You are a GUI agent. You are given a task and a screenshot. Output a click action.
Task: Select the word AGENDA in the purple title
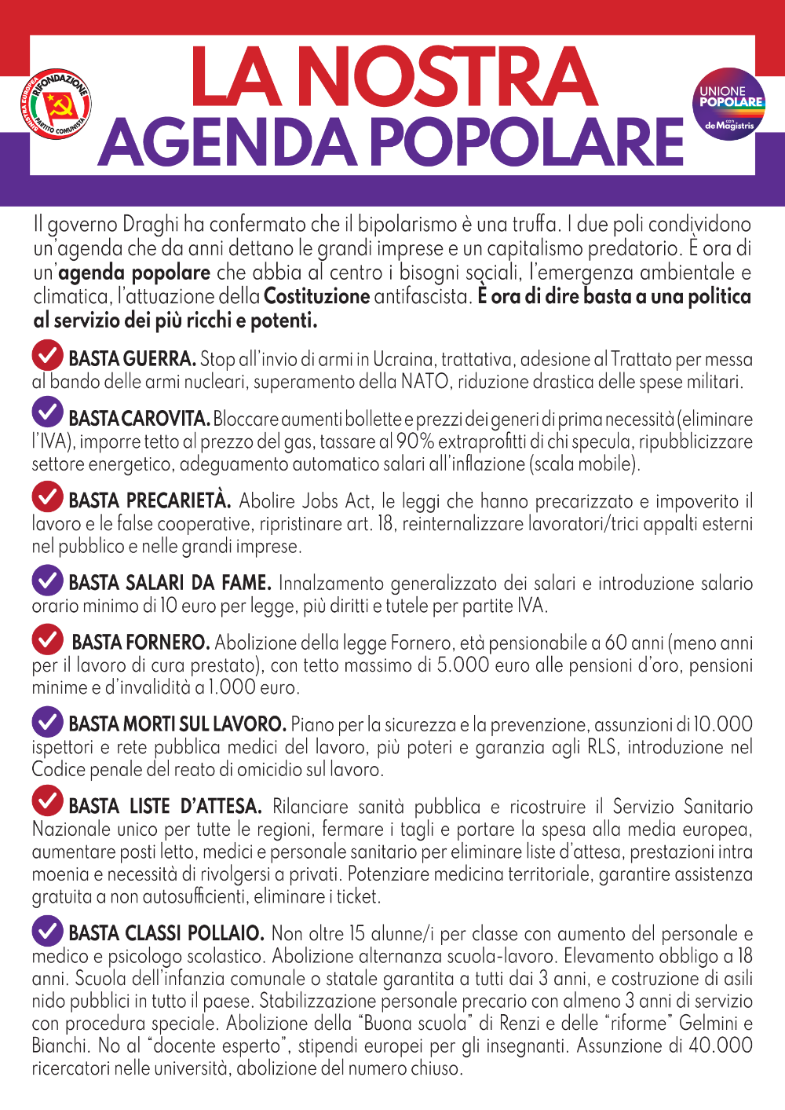[x=228, y=142]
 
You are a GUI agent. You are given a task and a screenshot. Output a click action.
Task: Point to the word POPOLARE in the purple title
[x=527, y=142]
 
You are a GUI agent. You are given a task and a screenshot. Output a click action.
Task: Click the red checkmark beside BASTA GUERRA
[x=48, y=355]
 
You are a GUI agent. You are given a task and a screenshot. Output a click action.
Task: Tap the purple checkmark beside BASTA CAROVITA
[x=48, y=411]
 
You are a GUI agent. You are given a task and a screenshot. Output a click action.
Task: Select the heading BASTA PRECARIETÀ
[x=150, y=501]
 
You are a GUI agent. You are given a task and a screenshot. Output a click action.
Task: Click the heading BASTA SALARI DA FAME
[x=170, y=583]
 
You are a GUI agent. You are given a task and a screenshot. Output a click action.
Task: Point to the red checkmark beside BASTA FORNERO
[x=48, y=639]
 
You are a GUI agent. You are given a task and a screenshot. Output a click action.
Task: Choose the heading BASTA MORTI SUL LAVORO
[x=177, y=724]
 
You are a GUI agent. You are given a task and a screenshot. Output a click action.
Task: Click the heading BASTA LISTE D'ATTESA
[x=166, y=806]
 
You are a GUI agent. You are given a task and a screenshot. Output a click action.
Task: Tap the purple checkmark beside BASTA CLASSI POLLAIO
[x=48, y=931]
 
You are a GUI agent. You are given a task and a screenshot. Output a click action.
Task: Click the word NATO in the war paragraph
[x=424, y=383]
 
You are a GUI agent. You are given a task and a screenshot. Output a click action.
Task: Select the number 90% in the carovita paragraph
[x=415, y=441]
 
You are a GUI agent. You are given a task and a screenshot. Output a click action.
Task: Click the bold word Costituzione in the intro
[x=317, y=297]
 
